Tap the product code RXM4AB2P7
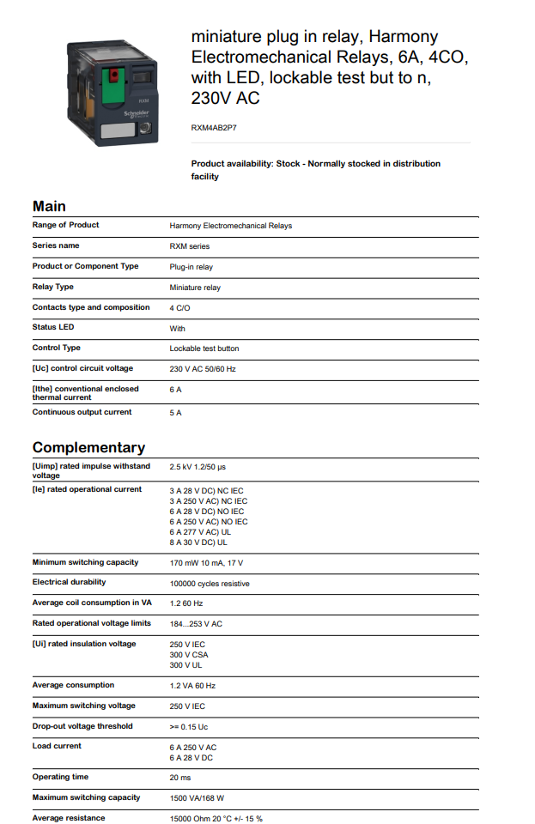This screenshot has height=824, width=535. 214,127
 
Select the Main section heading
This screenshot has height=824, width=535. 49,206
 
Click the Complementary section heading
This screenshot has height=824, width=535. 88,447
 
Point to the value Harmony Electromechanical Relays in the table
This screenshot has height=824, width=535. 230,226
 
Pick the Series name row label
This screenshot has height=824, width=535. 56,245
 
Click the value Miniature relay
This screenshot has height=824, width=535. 195,288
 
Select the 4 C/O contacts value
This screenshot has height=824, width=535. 180,307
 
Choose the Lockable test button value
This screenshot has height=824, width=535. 204,348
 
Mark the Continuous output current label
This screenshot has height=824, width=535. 82,412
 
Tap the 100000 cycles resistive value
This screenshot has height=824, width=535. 210,584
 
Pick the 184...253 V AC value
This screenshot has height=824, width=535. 196,624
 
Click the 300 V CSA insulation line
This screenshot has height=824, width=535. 189,655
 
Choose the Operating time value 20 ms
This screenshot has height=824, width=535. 180,778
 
